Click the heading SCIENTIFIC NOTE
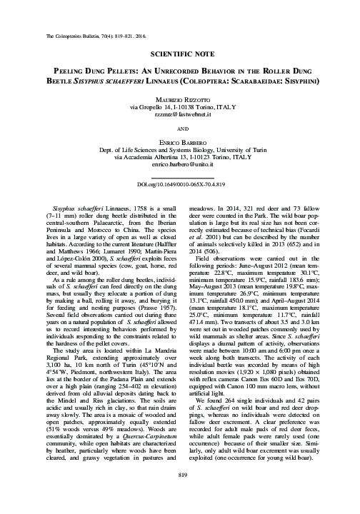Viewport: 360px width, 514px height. (x=179, y=54)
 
